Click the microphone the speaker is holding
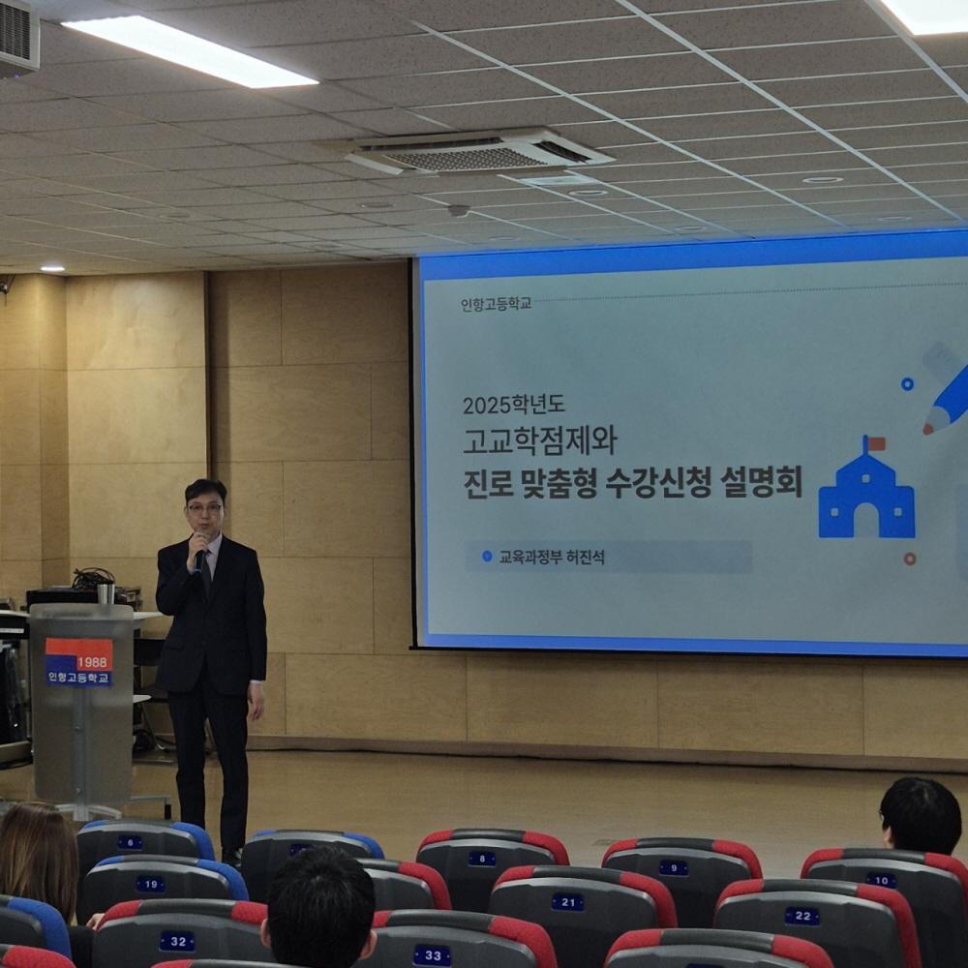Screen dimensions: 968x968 point(199,560)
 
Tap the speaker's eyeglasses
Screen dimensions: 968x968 point(205,509)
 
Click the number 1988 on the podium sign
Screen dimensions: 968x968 point(92,662)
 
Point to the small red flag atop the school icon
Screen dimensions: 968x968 point(875,444)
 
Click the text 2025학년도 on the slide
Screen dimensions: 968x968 point(514,405)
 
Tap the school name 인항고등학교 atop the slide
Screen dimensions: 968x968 point(496,304)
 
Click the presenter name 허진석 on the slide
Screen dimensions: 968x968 point(586,557)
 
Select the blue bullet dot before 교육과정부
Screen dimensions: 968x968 point(487,557)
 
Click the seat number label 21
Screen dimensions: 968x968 point(567,902)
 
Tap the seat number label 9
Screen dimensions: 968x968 point(673,868)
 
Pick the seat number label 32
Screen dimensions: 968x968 point(178,942)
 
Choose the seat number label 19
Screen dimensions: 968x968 point(150,885)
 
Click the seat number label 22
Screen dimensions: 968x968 point(802,916)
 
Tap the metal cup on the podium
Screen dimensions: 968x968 point(106,592)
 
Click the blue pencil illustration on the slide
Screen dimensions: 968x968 point(946,388)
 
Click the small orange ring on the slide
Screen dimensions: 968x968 point(909,559)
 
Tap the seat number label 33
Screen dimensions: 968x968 point(432,955)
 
